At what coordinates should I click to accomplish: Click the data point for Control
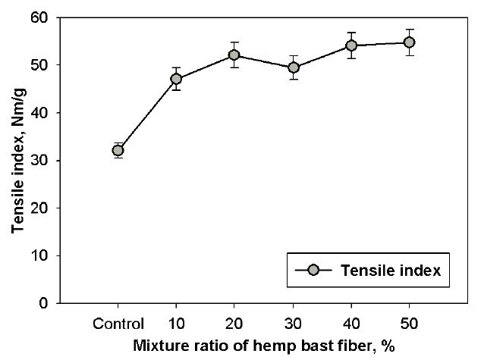(x=118, y=151)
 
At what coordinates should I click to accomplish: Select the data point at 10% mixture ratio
(x=177, y=79)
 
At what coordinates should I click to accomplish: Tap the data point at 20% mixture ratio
(x=234, y=55)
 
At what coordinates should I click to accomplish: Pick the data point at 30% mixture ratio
(x=293, y=67)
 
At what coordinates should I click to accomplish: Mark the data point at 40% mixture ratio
(x=351, y=45)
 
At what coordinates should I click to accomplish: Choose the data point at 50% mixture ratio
(x=410, y=42)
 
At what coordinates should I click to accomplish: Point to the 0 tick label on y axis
(x=44, y=304)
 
